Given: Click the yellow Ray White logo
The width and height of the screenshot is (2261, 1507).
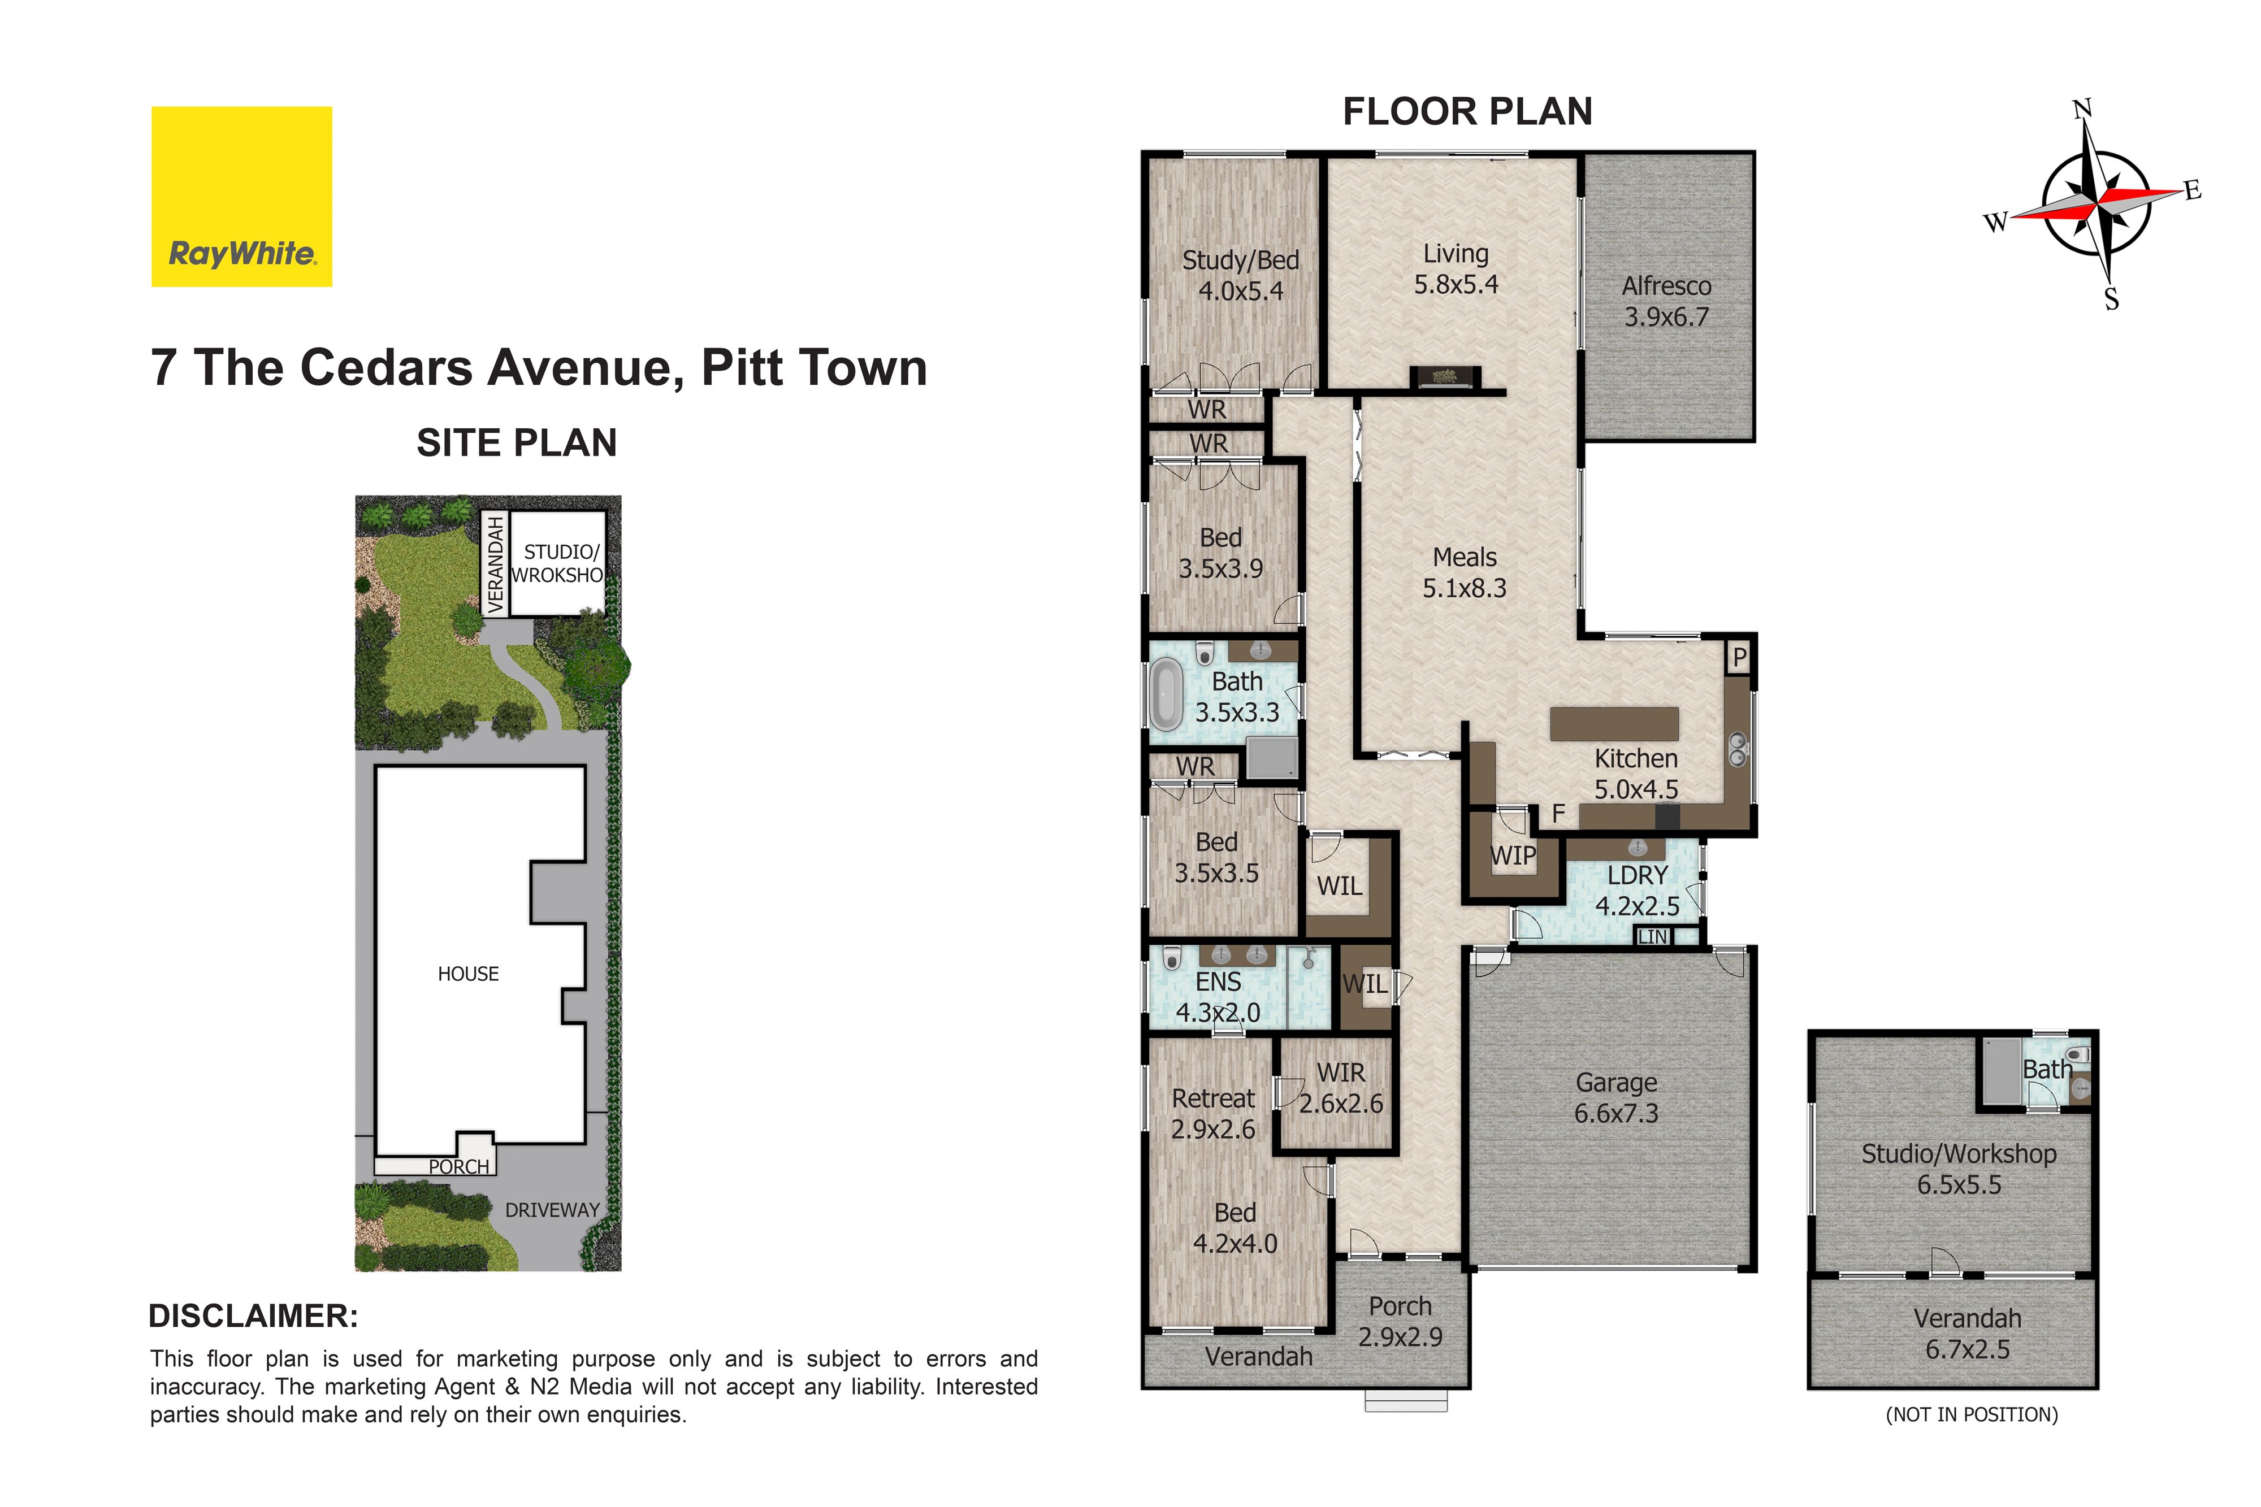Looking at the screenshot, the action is (x=241, y=196).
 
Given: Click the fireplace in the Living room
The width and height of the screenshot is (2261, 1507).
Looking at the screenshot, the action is (x=1445, y=377).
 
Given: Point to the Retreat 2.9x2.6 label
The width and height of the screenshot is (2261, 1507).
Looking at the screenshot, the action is (x=1213, y=1113).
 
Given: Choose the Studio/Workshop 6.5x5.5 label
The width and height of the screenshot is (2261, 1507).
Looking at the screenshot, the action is (x=1959, y=1169).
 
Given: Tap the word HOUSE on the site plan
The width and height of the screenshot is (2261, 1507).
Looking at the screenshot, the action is (x=468, y=974).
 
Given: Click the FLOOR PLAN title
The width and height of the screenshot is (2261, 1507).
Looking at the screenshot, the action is (x=1467, y=111).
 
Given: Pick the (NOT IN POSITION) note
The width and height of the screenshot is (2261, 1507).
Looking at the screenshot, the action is (x=1972, y=1415).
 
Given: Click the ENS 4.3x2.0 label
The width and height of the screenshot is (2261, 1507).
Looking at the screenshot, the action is (x=1218, y=997).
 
